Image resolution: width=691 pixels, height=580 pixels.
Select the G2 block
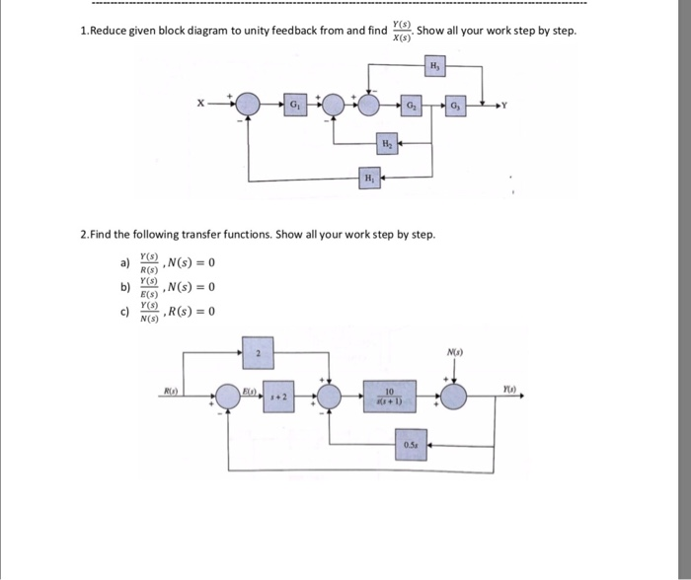pyautogui.click(x=412, y=105)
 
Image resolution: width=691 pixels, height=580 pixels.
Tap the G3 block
pyautogui.click(x=455, y=105)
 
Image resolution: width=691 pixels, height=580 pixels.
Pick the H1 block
pyautogui.click(x=367, y=179)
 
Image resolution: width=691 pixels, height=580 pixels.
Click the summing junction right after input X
pyautogui.click(x=247, y=105)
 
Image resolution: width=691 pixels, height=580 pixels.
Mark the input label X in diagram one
pyautogui.click(x=200, y=104)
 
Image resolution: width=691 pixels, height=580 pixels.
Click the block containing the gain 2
pyautogui.click(x=258, y=352)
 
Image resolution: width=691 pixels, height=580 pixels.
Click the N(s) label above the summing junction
pyautogui.click(x=454, y=353)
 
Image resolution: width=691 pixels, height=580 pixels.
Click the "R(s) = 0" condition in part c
pyautogui.click(x=193, y=312)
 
